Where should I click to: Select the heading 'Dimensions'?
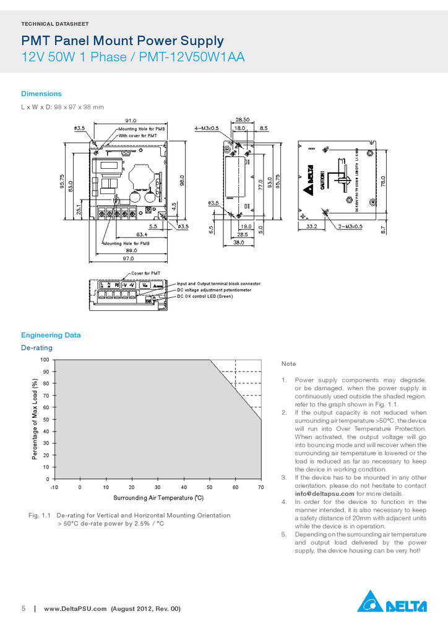point(41,94)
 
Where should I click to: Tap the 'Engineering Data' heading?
point(51,335)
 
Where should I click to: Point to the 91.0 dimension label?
point(131,120)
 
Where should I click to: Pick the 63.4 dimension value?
point(142,235)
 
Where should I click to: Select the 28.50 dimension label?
point(243,119)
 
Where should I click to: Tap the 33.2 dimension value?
point(312,227)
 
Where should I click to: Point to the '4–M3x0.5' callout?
point(207,128)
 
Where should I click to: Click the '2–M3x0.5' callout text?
point(350,227)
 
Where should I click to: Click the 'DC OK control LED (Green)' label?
point(205,297)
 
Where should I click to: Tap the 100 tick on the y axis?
point(45,360)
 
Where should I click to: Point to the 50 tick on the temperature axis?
point(209,488)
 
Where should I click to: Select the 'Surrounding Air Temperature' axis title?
point(158,498)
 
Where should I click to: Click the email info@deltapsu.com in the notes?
point(324,494)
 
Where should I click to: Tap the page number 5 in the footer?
point(24,609)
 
